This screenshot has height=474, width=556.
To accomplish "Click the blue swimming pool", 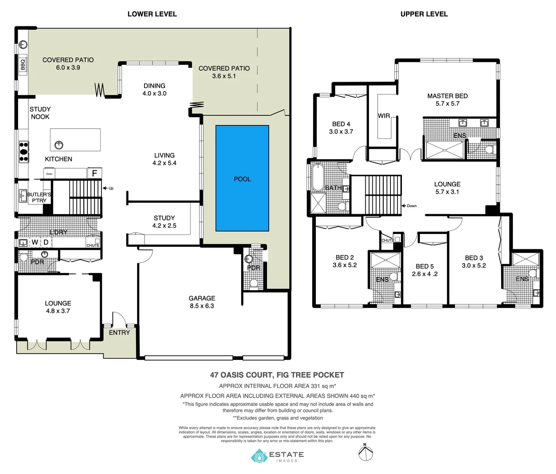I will (x=242, y=178).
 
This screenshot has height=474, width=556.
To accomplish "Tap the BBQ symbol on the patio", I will (x=23, y=65).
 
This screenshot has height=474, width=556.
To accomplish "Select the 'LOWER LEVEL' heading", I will (x=152, y=14).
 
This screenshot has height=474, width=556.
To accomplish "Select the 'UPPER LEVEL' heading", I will (x=424, y=14).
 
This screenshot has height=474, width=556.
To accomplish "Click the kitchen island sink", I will (x=58, y=144).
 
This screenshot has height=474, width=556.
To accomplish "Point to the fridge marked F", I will (x=94, y=173).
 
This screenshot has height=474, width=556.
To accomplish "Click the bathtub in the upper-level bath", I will (x=318, y=177).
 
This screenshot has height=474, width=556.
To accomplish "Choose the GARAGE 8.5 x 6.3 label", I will (x=202, y=302).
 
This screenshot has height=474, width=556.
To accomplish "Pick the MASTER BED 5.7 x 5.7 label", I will (x=447, y=100).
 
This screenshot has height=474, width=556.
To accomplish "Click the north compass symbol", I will (x=365, y=452).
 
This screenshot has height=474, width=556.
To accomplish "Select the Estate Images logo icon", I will (x=259, y=456).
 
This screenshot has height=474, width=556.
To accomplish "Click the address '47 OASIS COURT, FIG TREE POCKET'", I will (x=277, y=375).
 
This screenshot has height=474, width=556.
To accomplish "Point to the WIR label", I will (x=384, y=116).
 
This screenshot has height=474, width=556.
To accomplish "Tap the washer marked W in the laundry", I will (x=35, y=242).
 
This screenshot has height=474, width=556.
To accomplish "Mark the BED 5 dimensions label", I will (x=425, y=274).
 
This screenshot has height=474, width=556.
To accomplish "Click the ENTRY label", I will (x=119, y=333).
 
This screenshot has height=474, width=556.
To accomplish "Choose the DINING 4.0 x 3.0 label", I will (x=155, y=90).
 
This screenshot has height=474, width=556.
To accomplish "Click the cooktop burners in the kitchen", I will (x=23, y=151).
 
